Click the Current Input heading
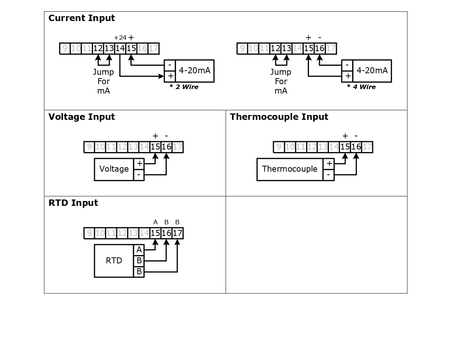(81, 18)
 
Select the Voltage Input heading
(81, 117)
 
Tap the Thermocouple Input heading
(279, 117)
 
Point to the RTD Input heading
(73, 203)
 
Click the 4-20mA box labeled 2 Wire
(194, 71)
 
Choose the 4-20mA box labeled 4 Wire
(372, 71)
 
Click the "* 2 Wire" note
(184, 87)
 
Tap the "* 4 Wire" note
(361, 87)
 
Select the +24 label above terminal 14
(120, 38)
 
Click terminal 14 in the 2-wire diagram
(120, 48)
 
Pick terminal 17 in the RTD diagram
(177, 233)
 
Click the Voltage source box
(114, 169)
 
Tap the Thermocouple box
(289, 169)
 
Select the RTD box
(114, 261)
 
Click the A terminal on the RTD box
(139, 250)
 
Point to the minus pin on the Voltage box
(139, 175)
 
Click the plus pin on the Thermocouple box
(329, 163)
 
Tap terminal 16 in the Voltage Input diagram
(166, 147)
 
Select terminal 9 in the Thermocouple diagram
(279, 147)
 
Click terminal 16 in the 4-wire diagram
(319, 48)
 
